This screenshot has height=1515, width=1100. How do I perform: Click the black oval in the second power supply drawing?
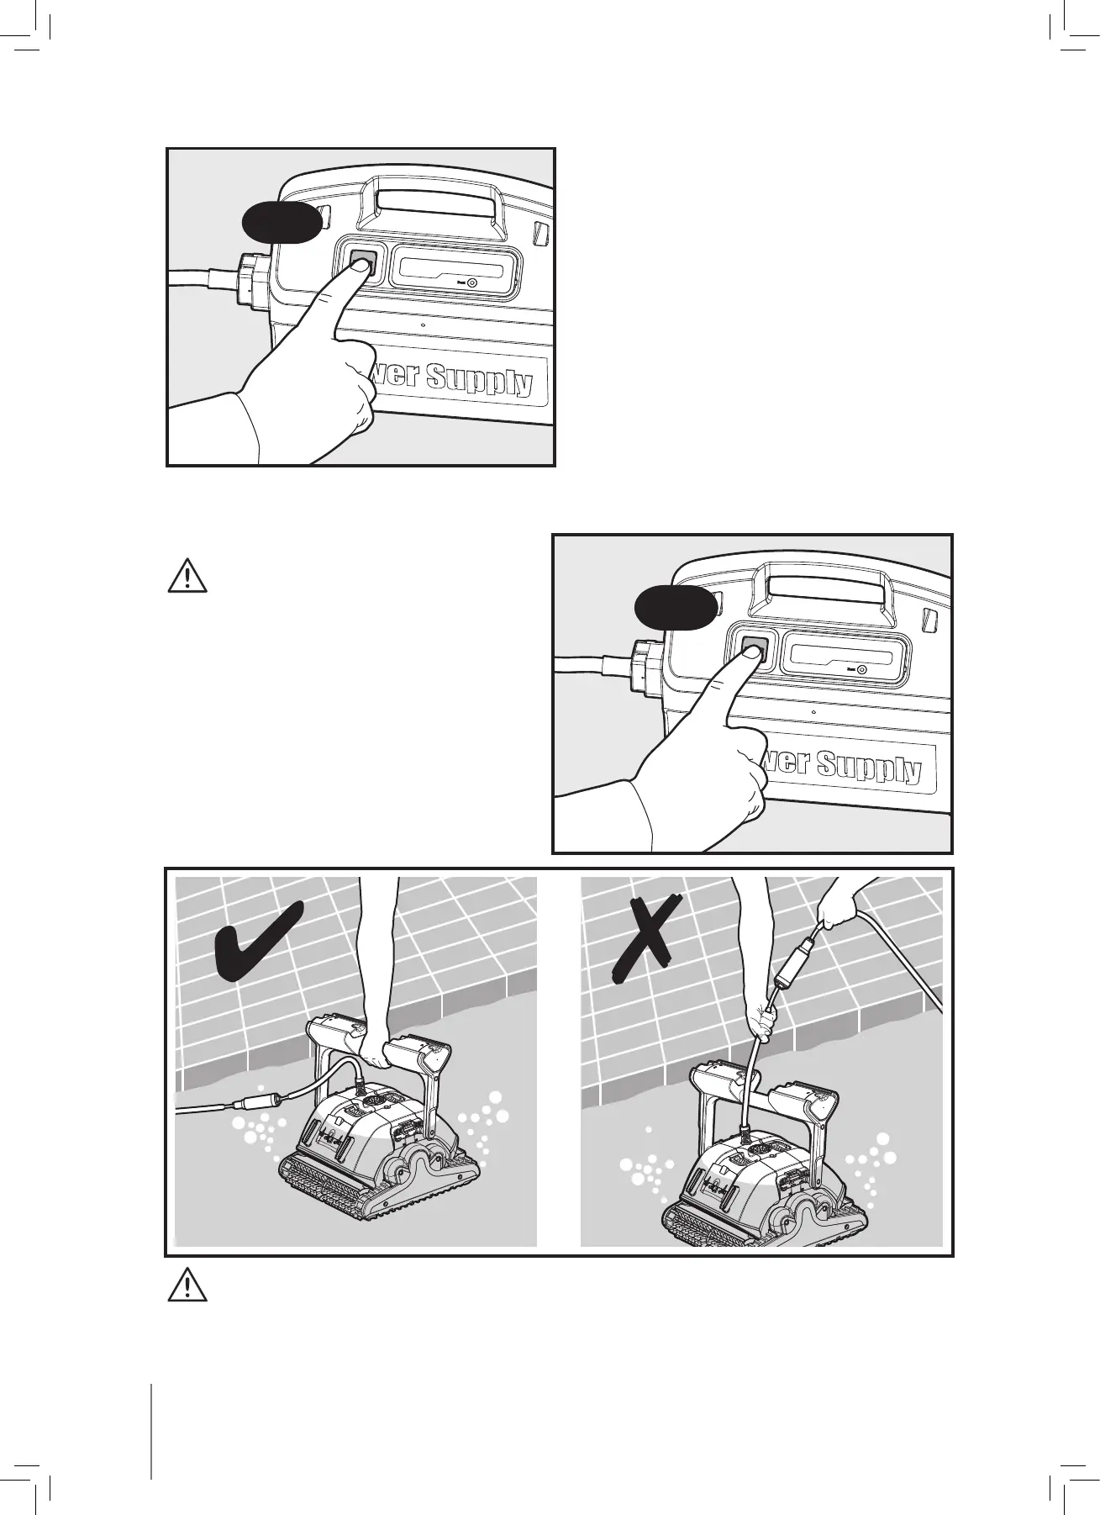point(674,608)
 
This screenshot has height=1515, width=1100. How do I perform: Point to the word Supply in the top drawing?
point(478,379)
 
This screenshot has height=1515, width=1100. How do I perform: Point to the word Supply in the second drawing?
point(869,766)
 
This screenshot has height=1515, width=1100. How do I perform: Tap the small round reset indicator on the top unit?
point(472,283)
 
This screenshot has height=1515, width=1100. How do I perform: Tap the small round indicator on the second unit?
point(862,669)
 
